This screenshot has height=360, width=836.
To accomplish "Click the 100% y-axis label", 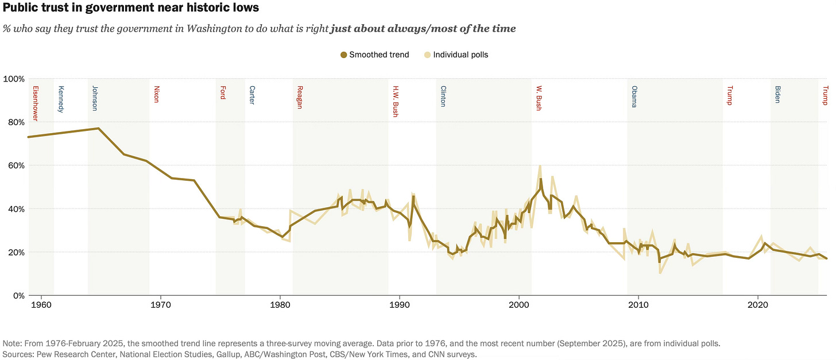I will pos(14,79).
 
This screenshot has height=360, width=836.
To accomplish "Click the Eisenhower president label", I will pos(36,103).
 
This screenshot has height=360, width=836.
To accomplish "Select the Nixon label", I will pos(156,94).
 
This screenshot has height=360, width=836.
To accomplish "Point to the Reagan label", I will pos(300,97).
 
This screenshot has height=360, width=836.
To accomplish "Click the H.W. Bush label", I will pos(396,102).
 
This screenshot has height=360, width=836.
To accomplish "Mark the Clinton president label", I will pos(443,96).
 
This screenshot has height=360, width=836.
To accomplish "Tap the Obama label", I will pos(634,96).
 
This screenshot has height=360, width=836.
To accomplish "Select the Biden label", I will pos(778,94).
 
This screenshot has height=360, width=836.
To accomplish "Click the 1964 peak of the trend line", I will pos(98,128).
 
